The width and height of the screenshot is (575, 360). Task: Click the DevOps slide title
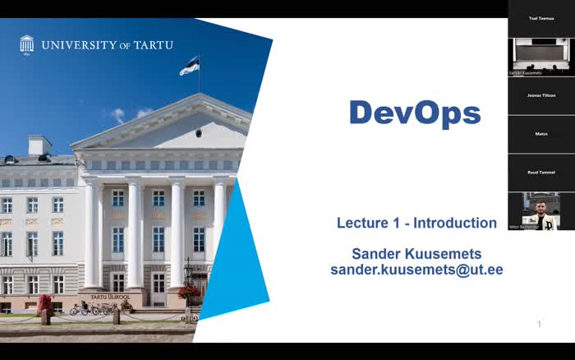(415, 113)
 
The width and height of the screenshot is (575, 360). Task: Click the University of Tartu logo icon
(27, 44)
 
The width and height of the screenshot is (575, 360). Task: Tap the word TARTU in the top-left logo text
(153, 45)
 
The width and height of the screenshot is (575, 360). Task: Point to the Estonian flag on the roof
(190, 65)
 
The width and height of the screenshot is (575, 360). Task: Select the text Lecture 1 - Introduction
(416, 223)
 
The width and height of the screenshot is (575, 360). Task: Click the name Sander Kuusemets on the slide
(416, 253)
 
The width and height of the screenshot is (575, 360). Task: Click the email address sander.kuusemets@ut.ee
(416, 270)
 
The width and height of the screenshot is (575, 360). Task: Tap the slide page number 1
(539, 325)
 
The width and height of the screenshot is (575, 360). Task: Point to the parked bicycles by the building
(92, 309)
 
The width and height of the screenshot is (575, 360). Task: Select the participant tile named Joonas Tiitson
(540, 95)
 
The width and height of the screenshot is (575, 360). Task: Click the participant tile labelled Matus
(540, 133)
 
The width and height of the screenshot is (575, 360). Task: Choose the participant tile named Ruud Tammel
(540, 172)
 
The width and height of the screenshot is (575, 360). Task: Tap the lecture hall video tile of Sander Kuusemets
(540, 56)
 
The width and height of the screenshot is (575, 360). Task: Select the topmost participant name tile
(540, 17)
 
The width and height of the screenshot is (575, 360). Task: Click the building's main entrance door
(158, 284)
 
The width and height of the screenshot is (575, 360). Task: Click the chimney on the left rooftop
(39, 145)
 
